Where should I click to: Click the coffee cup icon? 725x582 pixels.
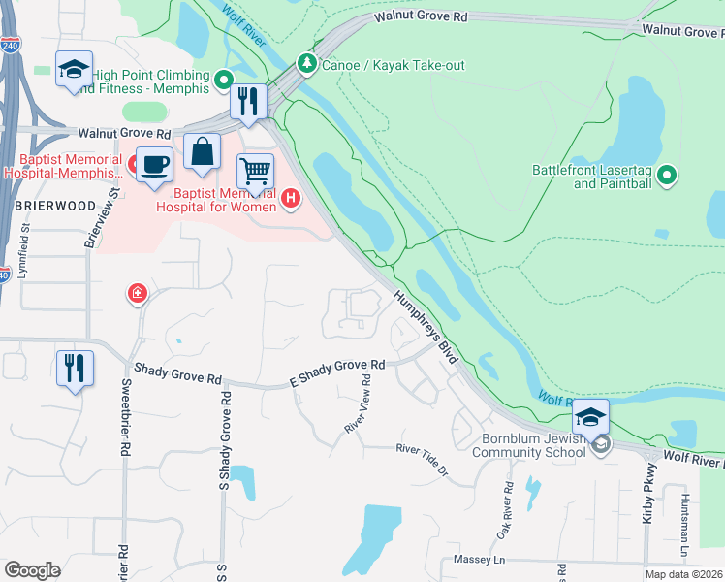click(x=153, y=164)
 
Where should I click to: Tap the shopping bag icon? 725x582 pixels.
click(x=202, y=152)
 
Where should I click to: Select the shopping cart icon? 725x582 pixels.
click(x=255, y=172)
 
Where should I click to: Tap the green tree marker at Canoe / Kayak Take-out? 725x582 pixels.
click(x=307, y=64)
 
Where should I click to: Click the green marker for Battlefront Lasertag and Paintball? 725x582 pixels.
click(x=666, y=176)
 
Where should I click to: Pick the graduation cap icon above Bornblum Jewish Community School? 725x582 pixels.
click(x=589, y=417)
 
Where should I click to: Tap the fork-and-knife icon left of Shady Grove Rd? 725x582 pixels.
click(x=75, y=368)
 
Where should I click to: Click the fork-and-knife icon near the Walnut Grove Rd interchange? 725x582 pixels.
click(x=248, y=101)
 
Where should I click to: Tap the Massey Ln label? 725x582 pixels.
click(x=473, y=561)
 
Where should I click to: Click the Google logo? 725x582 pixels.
click(x=32, y=570)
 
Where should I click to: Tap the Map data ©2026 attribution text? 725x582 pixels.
click(x=683, y=574)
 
